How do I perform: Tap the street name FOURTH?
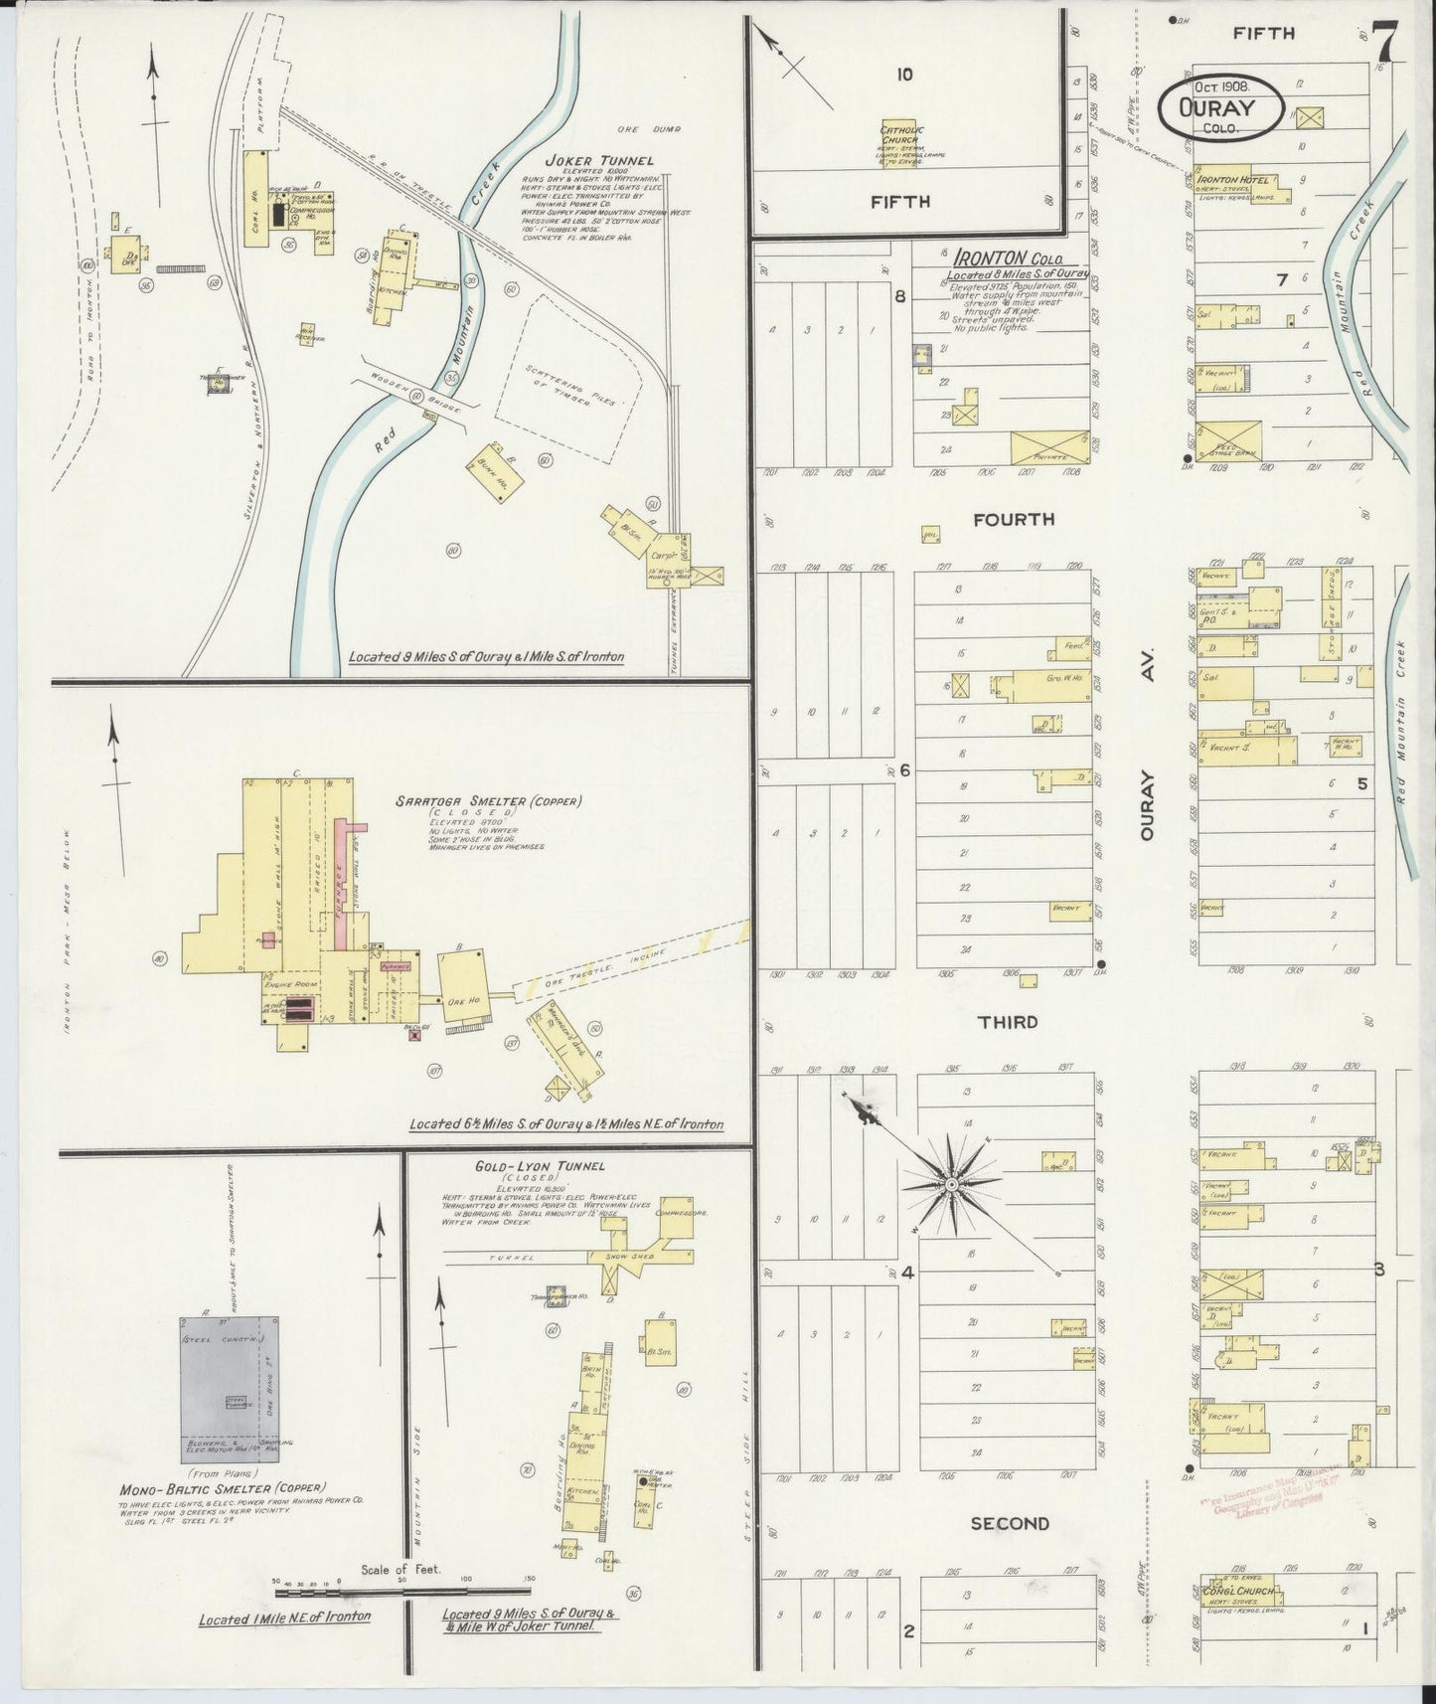point(1014,519)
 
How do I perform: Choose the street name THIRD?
point(1007,1022)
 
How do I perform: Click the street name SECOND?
point(1009,1523)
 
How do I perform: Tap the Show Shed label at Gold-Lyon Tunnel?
point(626,1258)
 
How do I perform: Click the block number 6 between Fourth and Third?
point(905,770)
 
